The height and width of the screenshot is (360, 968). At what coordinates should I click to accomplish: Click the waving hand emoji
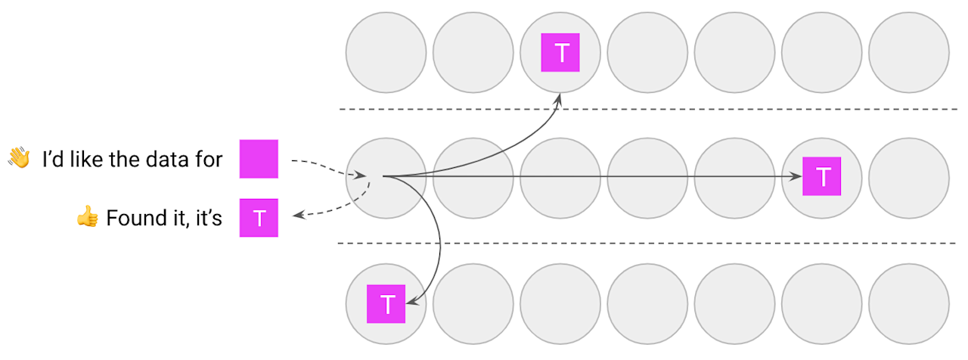click(19, 158)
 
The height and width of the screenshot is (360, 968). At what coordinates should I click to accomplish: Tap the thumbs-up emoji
click(88, 218)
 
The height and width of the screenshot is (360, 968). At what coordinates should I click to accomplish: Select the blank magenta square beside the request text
click(259, 159)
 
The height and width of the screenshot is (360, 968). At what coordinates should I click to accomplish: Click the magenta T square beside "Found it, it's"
click(259, 218)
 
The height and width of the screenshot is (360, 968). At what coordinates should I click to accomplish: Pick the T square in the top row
click(560, 53)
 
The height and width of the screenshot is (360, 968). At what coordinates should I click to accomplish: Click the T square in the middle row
click(822, 177)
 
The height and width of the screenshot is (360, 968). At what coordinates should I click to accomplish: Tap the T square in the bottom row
click(386, 304)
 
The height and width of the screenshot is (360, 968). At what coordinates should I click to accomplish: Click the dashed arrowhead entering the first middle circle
click(362, 175)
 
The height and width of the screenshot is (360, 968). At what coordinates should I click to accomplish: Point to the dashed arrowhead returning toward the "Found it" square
click(299, 216)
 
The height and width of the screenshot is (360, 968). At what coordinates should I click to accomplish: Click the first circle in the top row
click(386, 52)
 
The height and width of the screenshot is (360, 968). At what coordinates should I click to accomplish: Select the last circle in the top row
click(908, 52)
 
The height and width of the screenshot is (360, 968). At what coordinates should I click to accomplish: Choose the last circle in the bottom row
click(908, 304)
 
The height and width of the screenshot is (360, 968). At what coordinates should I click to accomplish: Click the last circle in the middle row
click(908, 177)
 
